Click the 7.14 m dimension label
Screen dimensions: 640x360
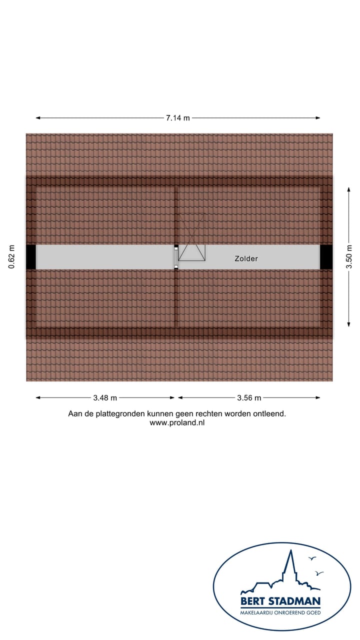point(178,118)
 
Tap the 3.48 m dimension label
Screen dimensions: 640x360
point(105,398)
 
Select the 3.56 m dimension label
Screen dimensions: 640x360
point(249,398)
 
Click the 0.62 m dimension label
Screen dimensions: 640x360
point(12,257)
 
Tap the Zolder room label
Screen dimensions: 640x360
point(246,258)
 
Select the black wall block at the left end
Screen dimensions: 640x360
point(31,257)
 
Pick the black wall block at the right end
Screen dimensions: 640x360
point(326,257)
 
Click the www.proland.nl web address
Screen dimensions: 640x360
point(177,422)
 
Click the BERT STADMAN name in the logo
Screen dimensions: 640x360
point(280,601)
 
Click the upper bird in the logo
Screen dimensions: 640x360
point(312,558)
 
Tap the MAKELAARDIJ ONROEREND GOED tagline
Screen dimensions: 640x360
point(280,612)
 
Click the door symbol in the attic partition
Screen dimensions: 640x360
point(175,257)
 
